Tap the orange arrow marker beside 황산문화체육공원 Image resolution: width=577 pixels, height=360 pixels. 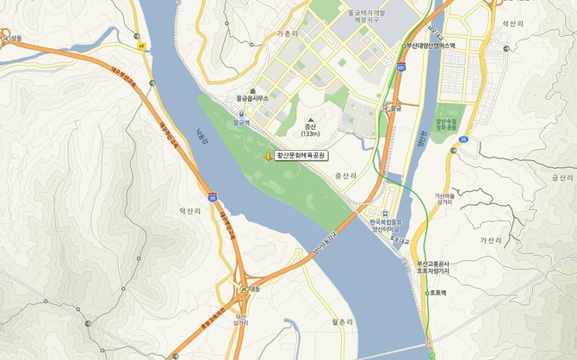click(268, 156)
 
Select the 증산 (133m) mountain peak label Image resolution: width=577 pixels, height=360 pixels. click(310, 129)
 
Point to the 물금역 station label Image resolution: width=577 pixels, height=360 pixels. click(240, 122)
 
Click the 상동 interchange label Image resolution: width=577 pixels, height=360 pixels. click(15, 39)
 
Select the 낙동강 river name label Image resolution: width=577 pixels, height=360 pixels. click(202, 138)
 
